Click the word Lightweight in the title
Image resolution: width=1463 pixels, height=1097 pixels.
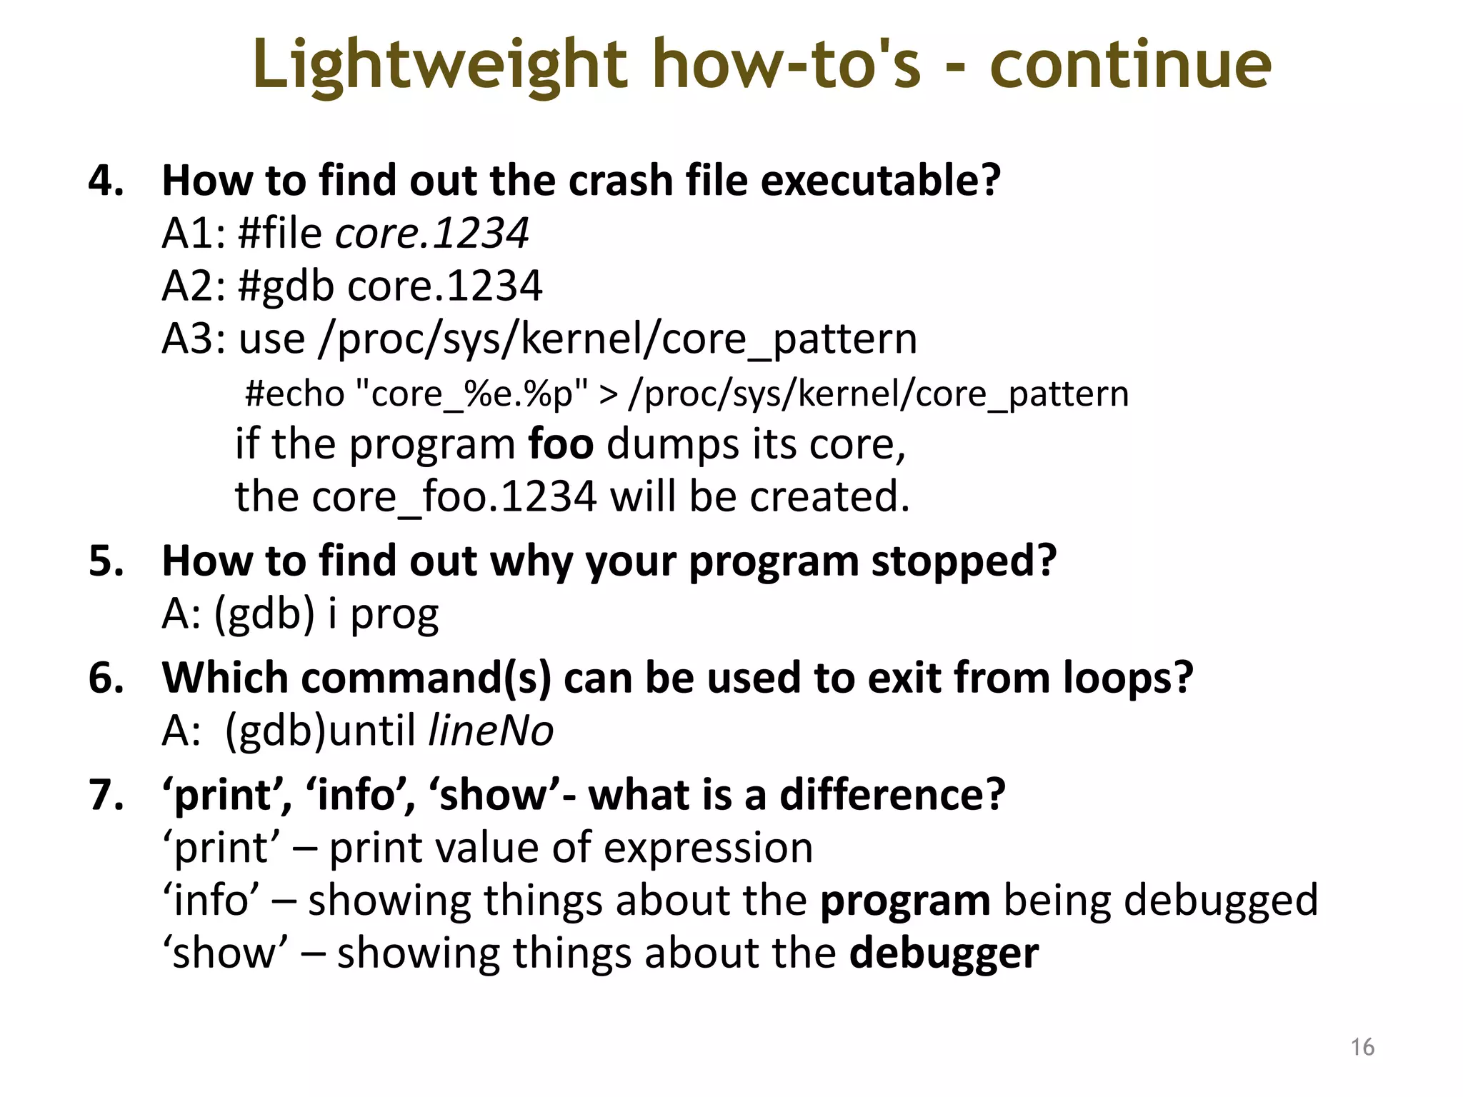click(439, 66)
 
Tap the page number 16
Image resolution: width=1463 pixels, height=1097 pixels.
click(1362, 1047)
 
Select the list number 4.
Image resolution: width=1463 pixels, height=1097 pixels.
click(105, 180)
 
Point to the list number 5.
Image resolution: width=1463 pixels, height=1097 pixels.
click(105, 561)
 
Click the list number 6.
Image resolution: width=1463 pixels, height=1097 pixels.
click(105, 677)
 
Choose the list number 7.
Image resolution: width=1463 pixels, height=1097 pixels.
click(105, 794)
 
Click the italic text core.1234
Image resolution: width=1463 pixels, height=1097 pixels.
click(432, 233)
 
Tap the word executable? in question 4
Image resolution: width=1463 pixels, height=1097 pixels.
click(880, 180)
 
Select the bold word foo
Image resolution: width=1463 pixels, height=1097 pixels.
click(560, 444)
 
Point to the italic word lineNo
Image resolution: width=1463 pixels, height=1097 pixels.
click(490, 731)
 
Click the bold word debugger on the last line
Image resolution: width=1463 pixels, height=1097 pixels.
click(944, 953)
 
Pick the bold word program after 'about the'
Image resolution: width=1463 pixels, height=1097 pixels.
click(904, 901)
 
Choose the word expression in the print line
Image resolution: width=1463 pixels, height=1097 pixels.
click(708, 848)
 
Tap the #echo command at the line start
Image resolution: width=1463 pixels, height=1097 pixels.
click(294, 394)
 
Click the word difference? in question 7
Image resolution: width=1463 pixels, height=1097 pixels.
click(892, 794)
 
